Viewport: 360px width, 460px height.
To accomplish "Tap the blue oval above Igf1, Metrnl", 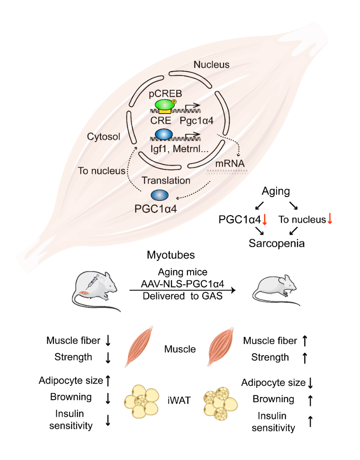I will pos(163,134).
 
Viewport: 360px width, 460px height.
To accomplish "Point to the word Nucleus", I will pos(211,65).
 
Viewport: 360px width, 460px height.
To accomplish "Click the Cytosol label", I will pos(104,137).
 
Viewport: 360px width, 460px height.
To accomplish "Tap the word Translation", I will pos(166,180).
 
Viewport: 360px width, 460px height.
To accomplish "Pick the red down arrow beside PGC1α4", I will pos(265,220).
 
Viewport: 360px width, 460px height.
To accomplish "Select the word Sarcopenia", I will pos(277,243).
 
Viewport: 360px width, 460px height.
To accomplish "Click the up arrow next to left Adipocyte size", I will pos(108,381).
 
